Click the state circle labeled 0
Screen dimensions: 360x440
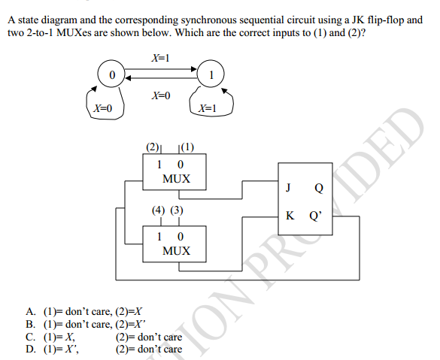(111, 75)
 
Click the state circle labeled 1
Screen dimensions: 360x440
(211, 74)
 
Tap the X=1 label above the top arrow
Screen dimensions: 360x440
(160, 57)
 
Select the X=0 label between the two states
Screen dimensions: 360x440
(161, 96)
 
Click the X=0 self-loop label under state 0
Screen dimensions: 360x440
(102, 110)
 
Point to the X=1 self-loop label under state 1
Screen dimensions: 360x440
(207, 110)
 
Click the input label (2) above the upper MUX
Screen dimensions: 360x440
(153, 147)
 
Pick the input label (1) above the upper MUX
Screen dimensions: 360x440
(185, 147)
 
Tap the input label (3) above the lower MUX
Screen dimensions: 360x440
(177, 211)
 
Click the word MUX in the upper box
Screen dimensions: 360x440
(176, 179)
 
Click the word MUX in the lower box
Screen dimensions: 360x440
(176, 250)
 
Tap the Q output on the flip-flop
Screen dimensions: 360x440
(319, 187)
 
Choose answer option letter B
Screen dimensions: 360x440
(30, 324)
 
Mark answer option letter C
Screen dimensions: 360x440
(30, 337)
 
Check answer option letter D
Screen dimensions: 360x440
(30, 349)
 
